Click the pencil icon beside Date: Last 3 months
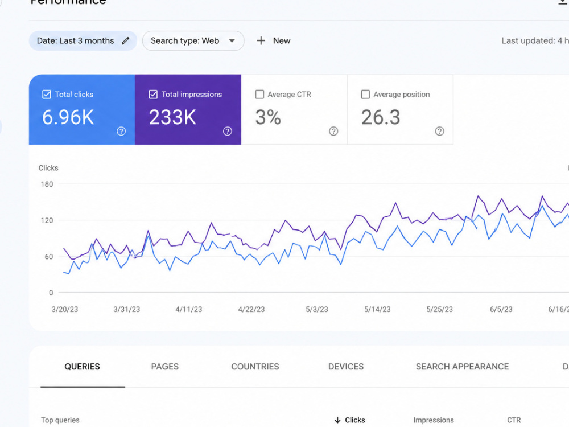pos(126,40)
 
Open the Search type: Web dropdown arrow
pos(232,40)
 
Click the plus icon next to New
pos(261,40)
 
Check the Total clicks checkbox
pos(47,95)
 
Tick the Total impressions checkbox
pos(153,95)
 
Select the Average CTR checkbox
pos(259,95)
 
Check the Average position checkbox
pos(365,95)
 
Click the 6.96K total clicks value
pos(68,117)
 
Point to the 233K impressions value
pos(172,117)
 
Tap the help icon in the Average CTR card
pos(333,131)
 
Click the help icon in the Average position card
pos(439,131)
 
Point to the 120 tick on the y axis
pos(47,220)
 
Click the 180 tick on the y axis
pos(47,184)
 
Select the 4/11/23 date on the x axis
pos(189,309)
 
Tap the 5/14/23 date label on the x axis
pos(377,309)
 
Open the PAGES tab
pos(165,367)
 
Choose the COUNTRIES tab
pos(255,367)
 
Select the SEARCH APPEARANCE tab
pos(462,367)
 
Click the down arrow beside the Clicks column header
pos(337,420)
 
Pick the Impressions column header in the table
pos(434,420)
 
